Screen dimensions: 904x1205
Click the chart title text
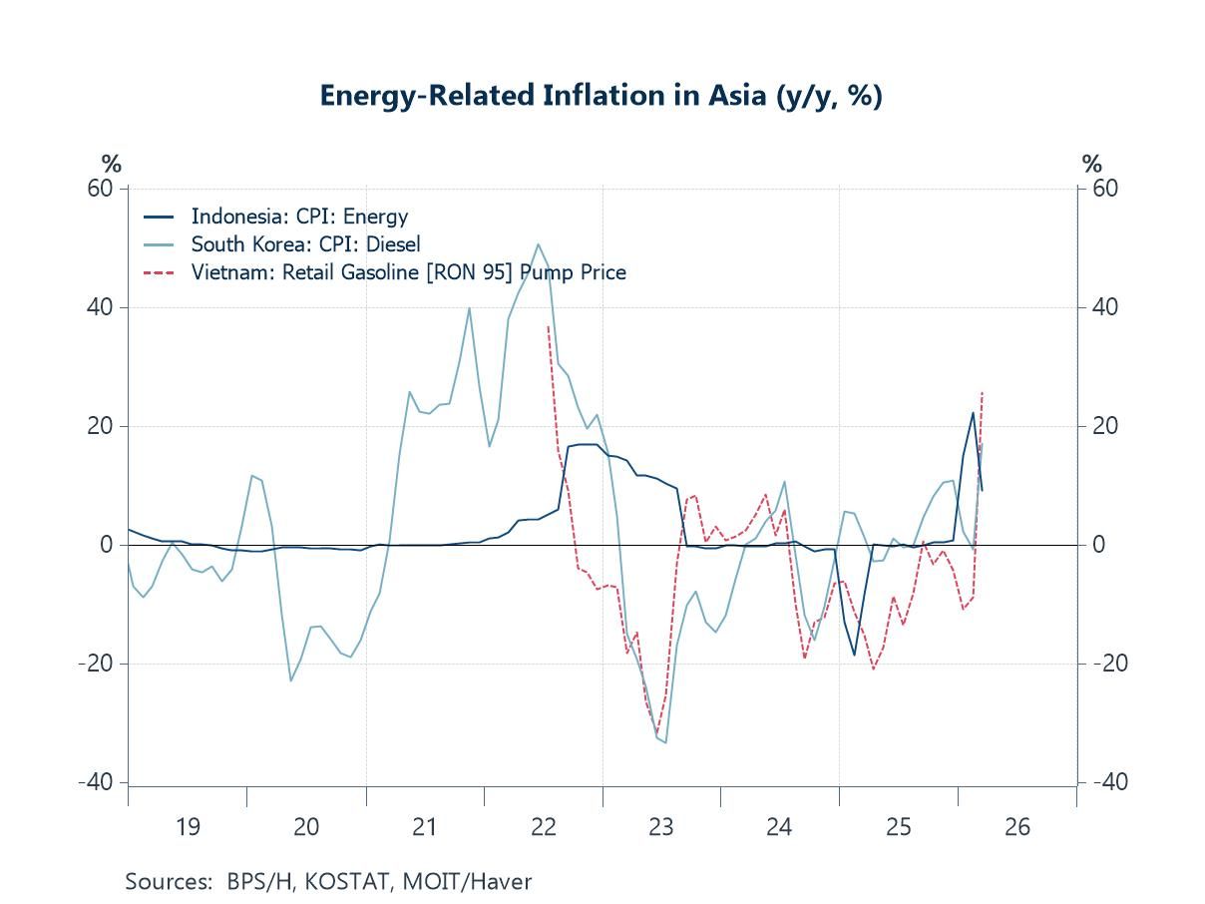601,96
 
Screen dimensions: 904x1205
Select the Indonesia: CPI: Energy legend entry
299,217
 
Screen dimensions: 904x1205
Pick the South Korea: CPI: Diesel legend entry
305,244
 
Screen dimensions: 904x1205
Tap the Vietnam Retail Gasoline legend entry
408,272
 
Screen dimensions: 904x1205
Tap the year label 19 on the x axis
188,827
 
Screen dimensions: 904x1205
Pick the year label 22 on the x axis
543,827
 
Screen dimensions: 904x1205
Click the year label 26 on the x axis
1016,827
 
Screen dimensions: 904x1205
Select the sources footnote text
328,882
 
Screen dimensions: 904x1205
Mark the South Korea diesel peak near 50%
538,244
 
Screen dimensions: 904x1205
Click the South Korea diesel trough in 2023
665,742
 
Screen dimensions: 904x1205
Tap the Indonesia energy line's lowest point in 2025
854,655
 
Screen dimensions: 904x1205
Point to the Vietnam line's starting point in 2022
549,326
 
